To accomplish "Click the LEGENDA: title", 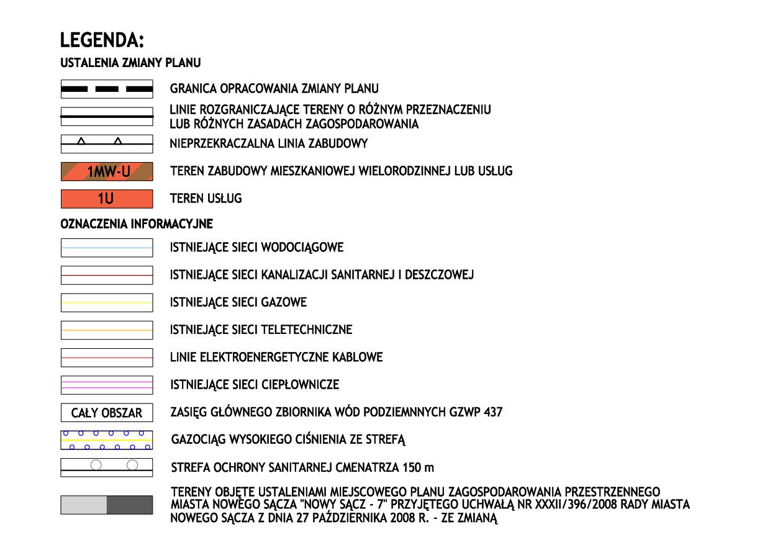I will pyautogui.click(x=102, y=41).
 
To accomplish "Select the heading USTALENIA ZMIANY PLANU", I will pyautogui.click(x=130, y=63).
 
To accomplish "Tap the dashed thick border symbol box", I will pyautogui.click(x=107, y=89).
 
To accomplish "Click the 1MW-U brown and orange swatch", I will pyautogui.click(x=107, y=171).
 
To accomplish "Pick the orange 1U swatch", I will pyautogui.click(x=107, y=199).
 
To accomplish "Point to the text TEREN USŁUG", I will pyautogui.click(x=206, y=199).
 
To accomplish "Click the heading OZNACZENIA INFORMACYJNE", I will pyautogui.click(x=137, y=223).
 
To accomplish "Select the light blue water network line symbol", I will pyautogui.click(x=107, y=248).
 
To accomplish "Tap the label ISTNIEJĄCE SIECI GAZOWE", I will pyautogui.click(x=238, y=302).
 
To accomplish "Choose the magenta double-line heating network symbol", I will pyautogui.click(x=107, y=385).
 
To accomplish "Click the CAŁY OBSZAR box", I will pyautogui.click(x=107, y=412).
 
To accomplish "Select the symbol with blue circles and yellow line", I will pyautogui.click(x=107, y=439).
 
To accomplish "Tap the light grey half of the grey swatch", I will pyautogui.click(x=84, y=505).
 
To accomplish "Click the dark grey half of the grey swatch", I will pyautogui.click(x=130, y=505).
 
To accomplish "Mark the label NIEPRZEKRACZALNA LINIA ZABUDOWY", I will pyautogui.click(x=269, y=144).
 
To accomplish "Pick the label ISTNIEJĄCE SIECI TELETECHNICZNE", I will pyautogui.click(x=261, y=330).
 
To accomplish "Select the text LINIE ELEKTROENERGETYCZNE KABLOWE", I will pyautogui.click(x=276, y=358).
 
